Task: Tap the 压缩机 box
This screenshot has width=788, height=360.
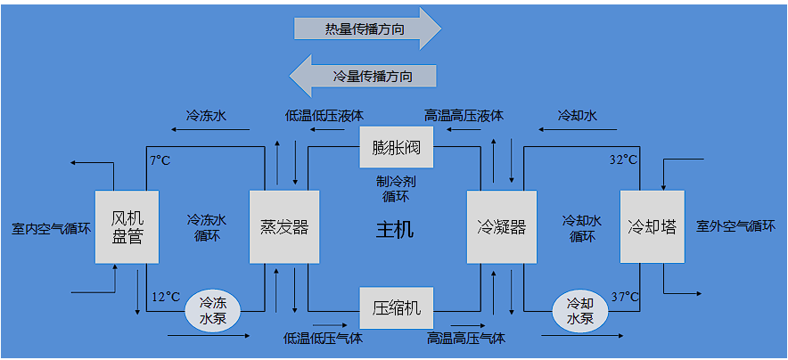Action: [396, 308]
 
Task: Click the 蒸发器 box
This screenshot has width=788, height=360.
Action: [283, 227]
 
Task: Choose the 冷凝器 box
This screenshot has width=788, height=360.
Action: [502, 227]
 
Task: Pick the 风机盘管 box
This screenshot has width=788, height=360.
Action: [127, 227]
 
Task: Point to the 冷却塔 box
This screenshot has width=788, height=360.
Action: [652, 227]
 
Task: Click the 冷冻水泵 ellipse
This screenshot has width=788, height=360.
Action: [213, 311]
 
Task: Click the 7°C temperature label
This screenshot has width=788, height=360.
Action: [160, 160]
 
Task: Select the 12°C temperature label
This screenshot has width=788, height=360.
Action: [166, 297]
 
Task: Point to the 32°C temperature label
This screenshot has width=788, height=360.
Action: [623, 160]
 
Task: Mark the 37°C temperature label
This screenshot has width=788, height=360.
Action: [624, 297]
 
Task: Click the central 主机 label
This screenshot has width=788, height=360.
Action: [395, 230]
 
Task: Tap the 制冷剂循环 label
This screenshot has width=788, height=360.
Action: [396, 188]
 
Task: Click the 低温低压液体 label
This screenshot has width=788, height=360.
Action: [324, 116]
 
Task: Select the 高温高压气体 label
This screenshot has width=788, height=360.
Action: [465, 339]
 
